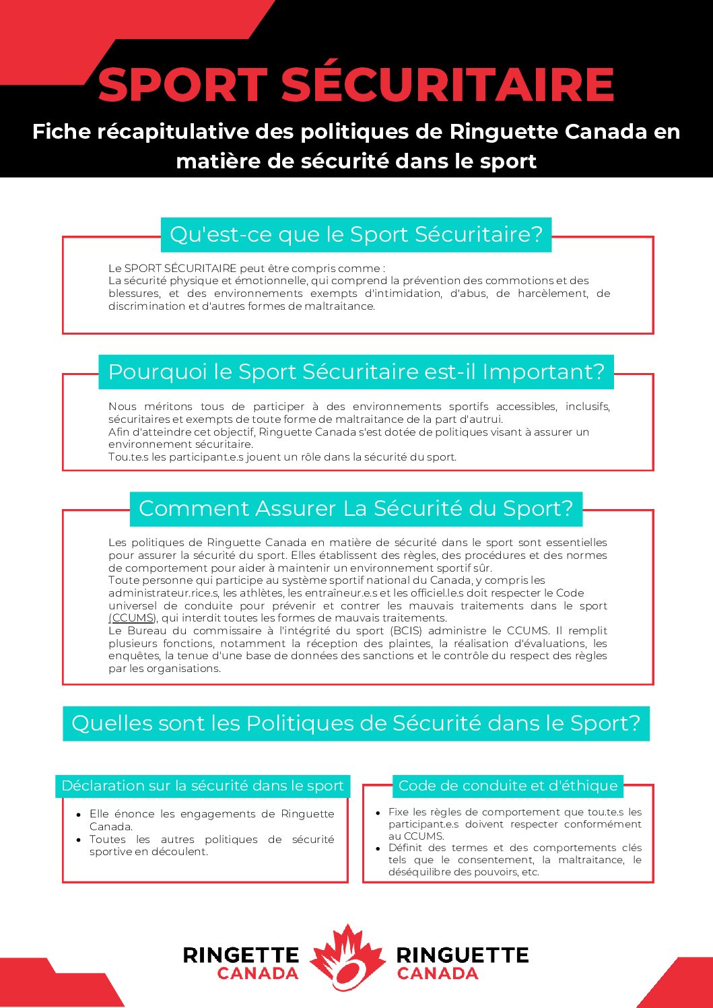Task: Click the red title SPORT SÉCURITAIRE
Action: click(356, 85)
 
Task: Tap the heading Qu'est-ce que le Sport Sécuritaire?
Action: click(356, 234)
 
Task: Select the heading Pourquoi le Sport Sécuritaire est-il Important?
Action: click(356, 372)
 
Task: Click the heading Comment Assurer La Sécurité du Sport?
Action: click(356, 508)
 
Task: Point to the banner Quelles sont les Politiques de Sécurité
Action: click(356, 723)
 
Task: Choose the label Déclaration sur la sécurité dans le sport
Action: click(203, 786)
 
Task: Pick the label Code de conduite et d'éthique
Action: click(508, 786)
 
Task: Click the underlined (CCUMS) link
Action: click(133, 618)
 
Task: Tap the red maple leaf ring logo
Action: click(347, 957)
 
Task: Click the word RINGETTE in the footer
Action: click(241, 955)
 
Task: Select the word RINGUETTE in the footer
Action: click(463, 955)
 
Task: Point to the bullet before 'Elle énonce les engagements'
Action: click(79, 814)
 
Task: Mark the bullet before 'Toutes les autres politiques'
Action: click(79, 840)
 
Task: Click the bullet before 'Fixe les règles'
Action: click(378, 812)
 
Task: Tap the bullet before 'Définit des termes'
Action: click(378, 848)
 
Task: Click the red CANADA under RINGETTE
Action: click(258, 974)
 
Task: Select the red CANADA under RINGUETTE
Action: click(438, 974)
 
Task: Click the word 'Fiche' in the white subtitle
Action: click(61, 131)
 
